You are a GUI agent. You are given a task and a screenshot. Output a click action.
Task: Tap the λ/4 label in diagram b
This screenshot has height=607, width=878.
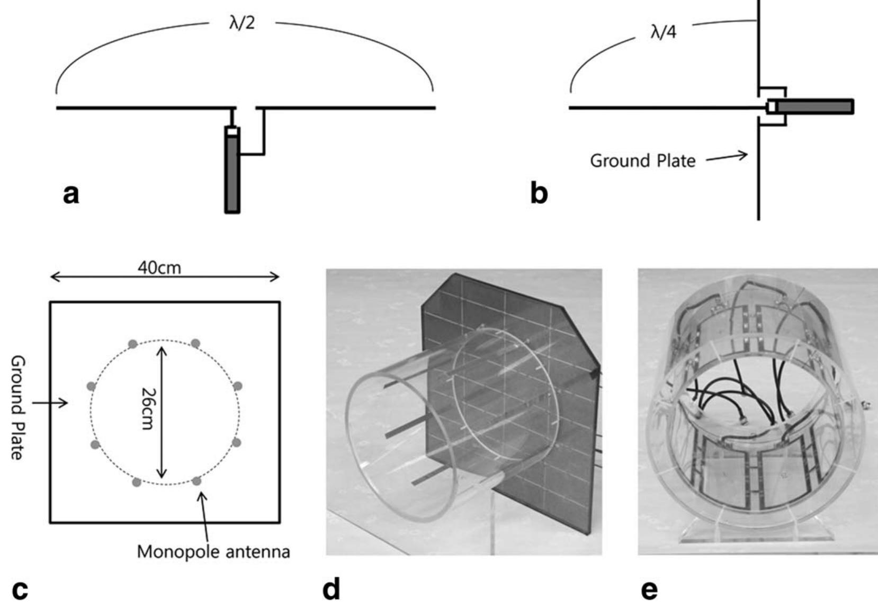(x=663, y=33)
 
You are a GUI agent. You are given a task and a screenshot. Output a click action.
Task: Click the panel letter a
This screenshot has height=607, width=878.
(x=71, y=195)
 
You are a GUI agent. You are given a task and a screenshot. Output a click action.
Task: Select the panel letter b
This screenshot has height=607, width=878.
(x=539, y=194)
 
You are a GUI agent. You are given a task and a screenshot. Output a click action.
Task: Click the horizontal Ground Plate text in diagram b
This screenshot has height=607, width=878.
(x=642, y=160)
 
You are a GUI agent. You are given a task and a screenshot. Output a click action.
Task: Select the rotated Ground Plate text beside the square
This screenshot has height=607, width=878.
(x=18, y=407)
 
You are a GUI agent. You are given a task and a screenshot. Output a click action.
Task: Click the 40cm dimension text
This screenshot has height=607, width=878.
(x=159, y=268)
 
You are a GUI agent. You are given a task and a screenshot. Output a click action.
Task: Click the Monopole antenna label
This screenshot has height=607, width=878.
(x=213, y=552)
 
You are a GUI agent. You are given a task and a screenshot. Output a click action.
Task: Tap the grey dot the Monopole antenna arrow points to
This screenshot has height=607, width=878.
(x=196, y=481)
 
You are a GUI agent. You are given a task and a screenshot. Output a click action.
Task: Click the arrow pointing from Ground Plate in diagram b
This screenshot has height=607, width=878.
(x=727, y=157)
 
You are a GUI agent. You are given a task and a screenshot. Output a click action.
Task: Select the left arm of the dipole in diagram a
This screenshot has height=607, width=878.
(x=143, y=108)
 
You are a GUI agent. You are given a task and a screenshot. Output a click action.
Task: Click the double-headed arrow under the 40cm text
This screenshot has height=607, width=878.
(x=164, y=276)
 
